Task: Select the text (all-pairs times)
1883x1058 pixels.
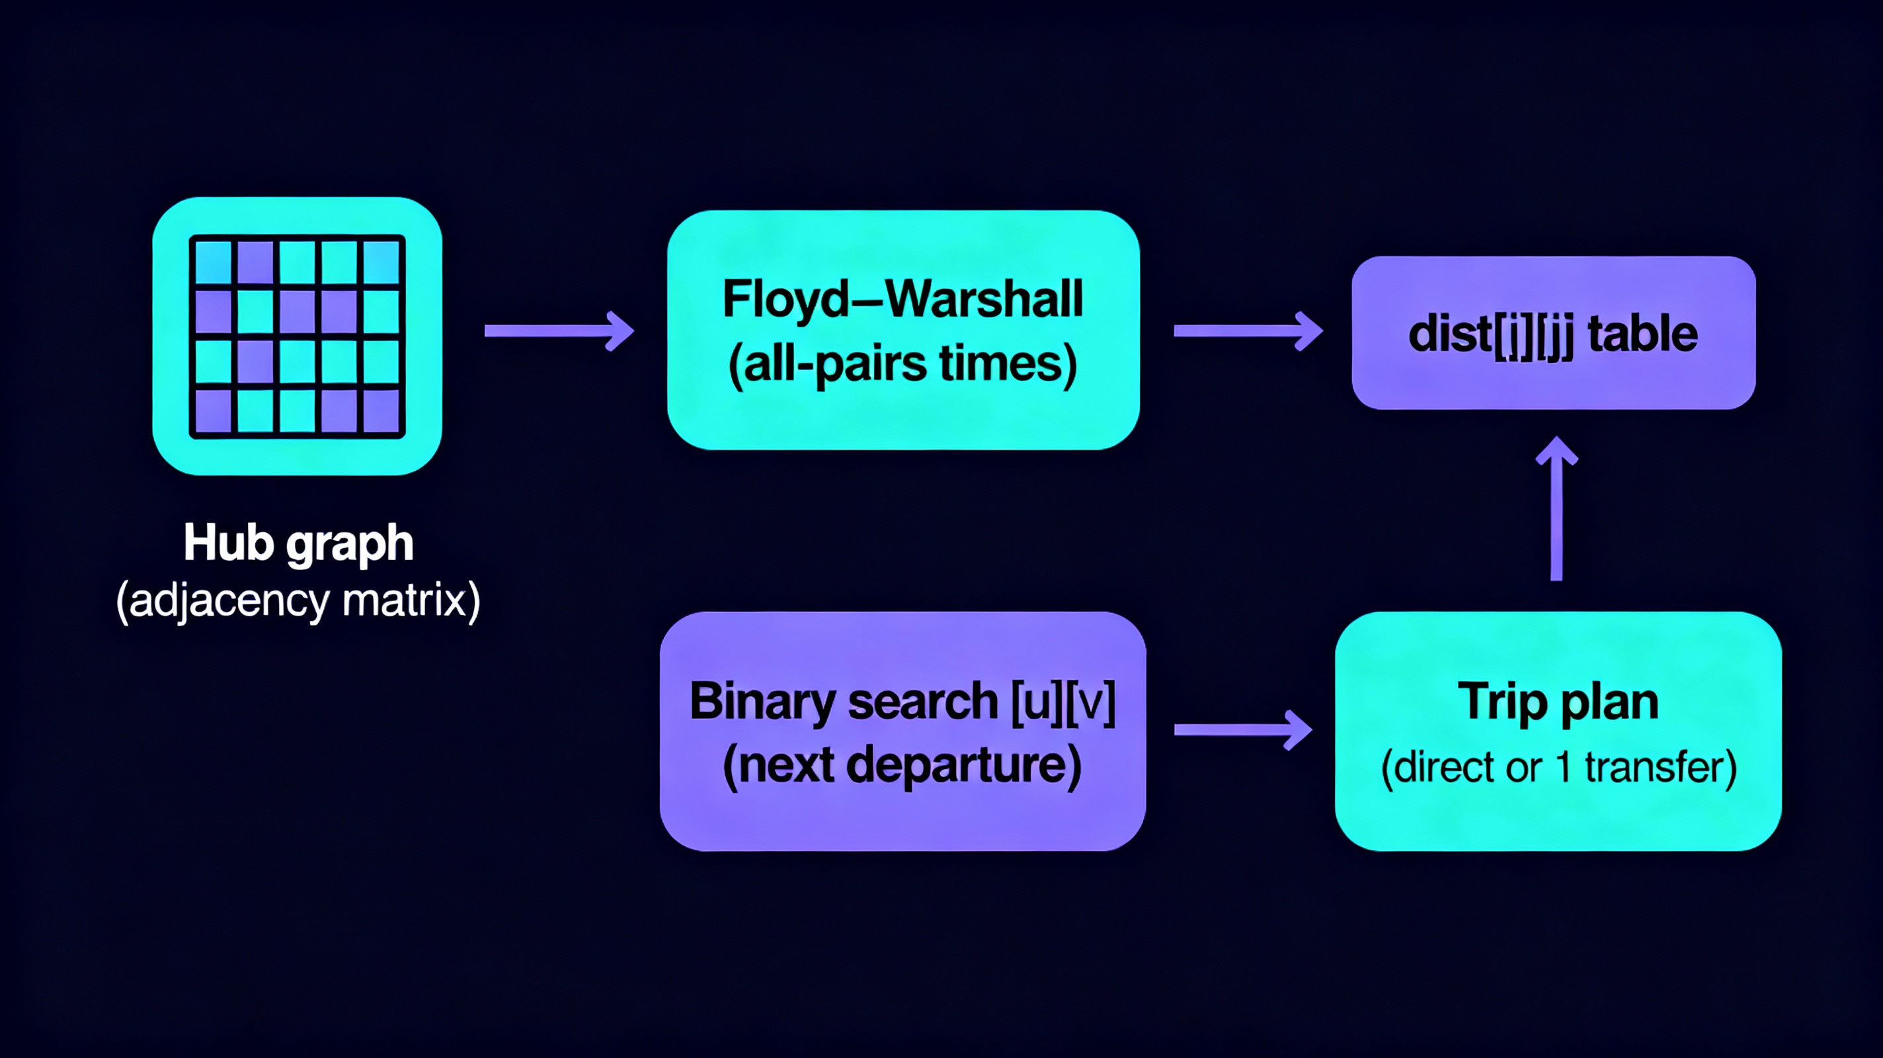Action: pyautogui.click(x=902, y=364)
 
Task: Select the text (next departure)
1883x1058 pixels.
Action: pyautogui.click(x=902, y=766)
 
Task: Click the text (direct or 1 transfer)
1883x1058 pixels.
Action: pyautogui.click(x=1558, y=767)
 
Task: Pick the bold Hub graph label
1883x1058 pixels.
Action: pyautogui.click(x=298, y=544)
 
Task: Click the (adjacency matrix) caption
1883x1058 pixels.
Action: pyautogui.click(x=298, y=600)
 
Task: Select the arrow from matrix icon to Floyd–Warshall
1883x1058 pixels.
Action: pyautogui.click(x=559, y=331)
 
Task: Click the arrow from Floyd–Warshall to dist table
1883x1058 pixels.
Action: pyautogui.click(x=1247, y=331)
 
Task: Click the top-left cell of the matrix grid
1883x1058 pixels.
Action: pyautogui.click(x=214, y=262)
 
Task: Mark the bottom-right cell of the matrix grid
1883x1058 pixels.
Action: pyautogui.click(x=381, y=411)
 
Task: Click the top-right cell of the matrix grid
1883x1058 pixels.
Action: pyautogui.click(x=381, y=262)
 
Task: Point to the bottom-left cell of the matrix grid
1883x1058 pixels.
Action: pyautogui.click(x=214, y=411)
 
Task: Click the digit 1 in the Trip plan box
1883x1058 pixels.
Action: pyautogui.click(x=1563, y=767)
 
